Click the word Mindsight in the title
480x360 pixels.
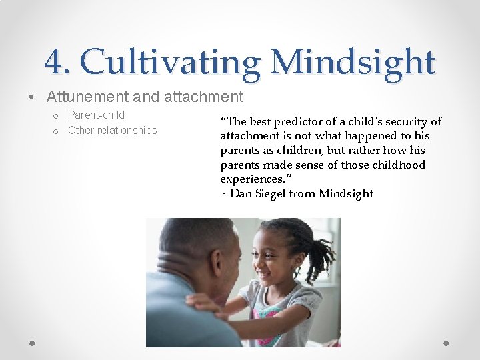click(353, 63)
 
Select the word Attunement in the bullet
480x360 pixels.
click(87, 97)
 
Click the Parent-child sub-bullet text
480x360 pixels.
click(96, 115)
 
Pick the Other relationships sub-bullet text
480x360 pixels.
click(112, 130)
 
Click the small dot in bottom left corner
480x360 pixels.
click(33, 343)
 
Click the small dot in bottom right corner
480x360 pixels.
click(447, 343)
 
